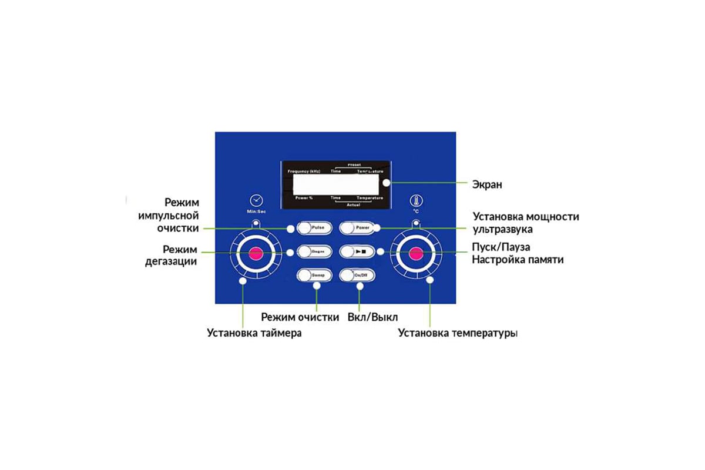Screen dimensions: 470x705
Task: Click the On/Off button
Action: [x=357, y=274]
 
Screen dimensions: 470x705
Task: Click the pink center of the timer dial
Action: [x=256, y=254]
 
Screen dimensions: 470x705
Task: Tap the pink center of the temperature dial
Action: [x=416, y=254]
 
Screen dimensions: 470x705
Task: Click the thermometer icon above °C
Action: [x=415, y=200]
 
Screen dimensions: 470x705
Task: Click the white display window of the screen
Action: [x=335, y=184]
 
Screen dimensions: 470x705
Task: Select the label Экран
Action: [x=488, y=184]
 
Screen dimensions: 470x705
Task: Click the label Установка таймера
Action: [x=254, y=333]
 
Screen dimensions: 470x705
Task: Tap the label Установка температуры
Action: [x=458, y=333]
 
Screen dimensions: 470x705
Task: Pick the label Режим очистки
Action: [x=300, y=317]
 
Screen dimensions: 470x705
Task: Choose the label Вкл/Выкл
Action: [x=372, y=317]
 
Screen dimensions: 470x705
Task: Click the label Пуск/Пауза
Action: [x=505, y=247]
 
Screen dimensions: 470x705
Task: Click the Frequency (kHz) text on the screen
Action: [x=304, y=171]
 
